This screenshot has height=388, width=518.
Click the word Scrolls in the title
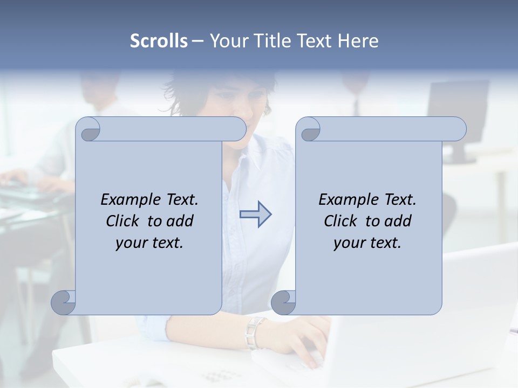click(159, 41)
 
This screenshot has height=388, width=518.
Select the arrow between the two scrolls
click(255, 214)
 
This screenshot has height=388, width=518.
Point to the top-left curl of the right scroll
click(309, 130)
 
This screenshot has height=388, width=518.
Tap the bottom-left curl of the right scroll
click(283, 303)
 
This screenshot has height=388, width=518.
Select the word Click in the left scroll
click(124, 221)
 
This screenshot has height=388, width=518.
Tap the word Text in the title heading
click(314, 41)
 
